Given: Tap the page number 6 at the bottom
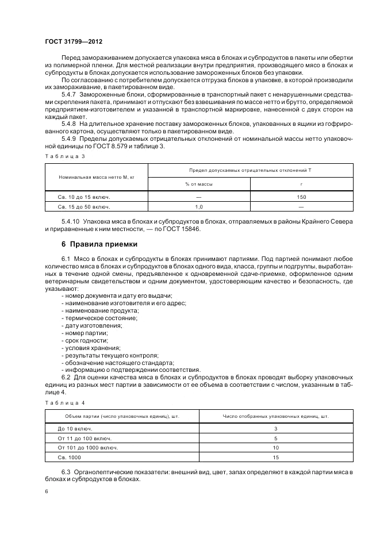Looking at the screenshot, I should (x=47, y=491).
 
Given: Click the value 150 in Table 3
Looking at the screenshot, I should (x=301, y=196).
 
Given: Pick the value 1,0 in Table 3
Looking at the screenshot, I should (x=199, y=206).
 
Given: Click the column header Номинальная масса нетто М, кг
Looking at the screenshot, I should (x=96, y=177).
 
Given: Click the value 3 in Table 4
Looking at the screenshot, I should (x=276, y=428).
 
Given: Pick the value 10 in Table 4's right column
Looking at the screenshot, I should (x=276, y=447).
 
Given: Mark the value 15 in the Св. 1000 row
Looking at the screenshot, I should (x=276, y=457).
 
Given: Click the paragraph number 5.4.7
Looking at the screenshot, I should (x=70, y=93).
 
